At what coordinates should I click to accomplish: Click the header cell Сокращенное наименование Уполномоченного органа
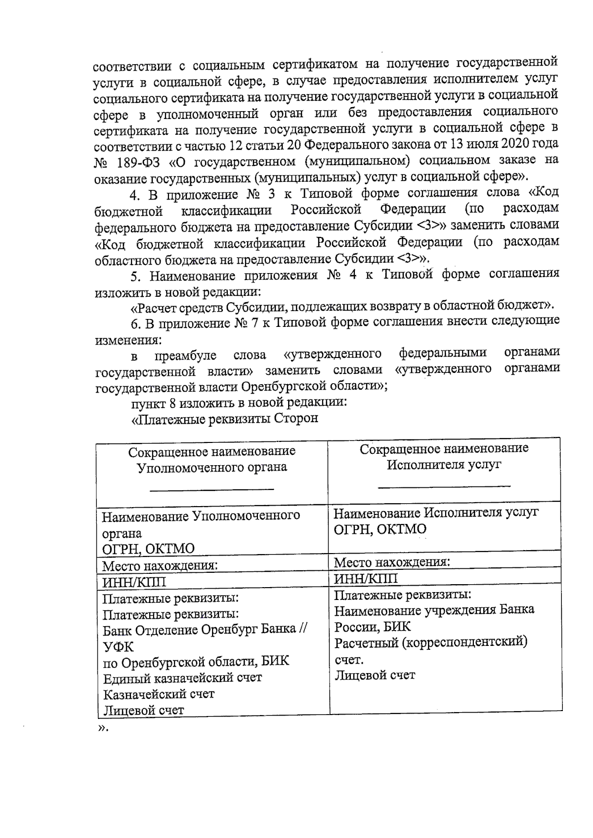[212, 459]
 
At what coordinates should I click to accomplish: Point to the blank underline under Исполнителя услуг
[444, 486]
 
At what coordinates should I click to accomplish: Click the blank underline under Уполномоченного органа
[212, 489]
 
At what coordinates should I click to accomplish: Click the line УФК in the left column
[118, 646]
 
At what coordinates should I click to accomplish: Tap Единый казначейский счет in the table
[182, 678]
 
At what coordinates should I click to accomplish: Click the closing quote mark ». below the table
[103, 729]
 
